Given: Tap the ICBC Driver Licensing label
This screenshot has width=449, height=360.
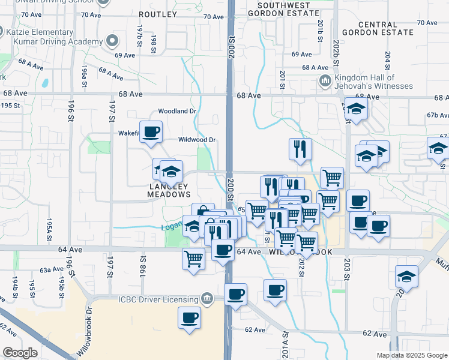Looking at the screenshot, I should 158,299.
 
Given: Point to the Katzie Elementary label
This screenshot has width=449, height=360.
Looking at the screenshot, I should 41,32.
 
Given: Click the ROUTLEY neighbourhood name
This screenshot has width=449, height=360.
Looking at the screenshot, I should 158,14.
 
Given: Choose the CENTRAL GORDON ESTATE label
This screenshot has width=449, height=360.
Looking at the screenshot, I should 377,28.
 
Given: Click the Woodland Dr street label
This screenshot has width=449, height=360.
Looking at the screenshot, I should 177,111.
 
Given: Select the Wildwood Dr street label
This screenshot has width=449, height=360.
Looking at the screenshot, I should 197,140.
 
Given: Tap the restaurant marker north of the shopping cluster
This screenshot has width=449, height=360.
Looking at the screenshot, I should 300,149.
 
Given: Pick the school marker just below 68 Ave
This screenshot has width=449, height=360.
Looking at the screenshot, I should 357,110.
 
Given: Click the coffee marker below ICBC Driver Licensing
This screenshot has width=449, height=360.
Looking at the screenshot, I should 190,317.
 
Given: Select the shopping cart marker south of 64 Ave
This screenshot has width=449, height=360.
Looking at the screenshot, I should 193,260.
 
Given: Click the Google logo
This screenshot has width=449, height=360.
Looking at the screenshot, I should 20,353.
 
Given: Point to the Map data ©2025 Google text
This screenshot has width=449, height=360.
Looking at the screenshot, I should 411,355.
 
